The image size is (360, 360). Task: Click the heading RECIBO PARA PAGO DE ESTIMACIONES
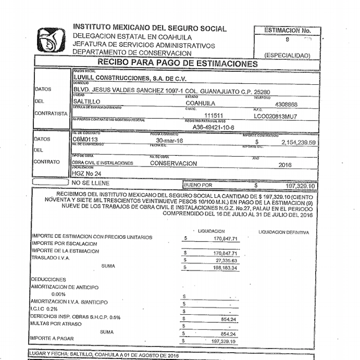tap(177, 63)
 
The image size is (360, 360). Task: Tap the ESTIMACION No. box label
tap(287, 30)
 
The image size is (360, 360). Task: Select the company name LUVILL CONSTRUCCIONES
tap(130, 78)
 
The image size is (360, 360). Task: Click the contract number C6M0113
tap(86, 140)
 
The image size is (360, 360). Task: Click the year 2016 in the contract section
tap(284, 165)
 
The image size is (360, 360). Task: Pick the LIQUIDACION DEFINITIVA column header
tap(284, 232)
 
